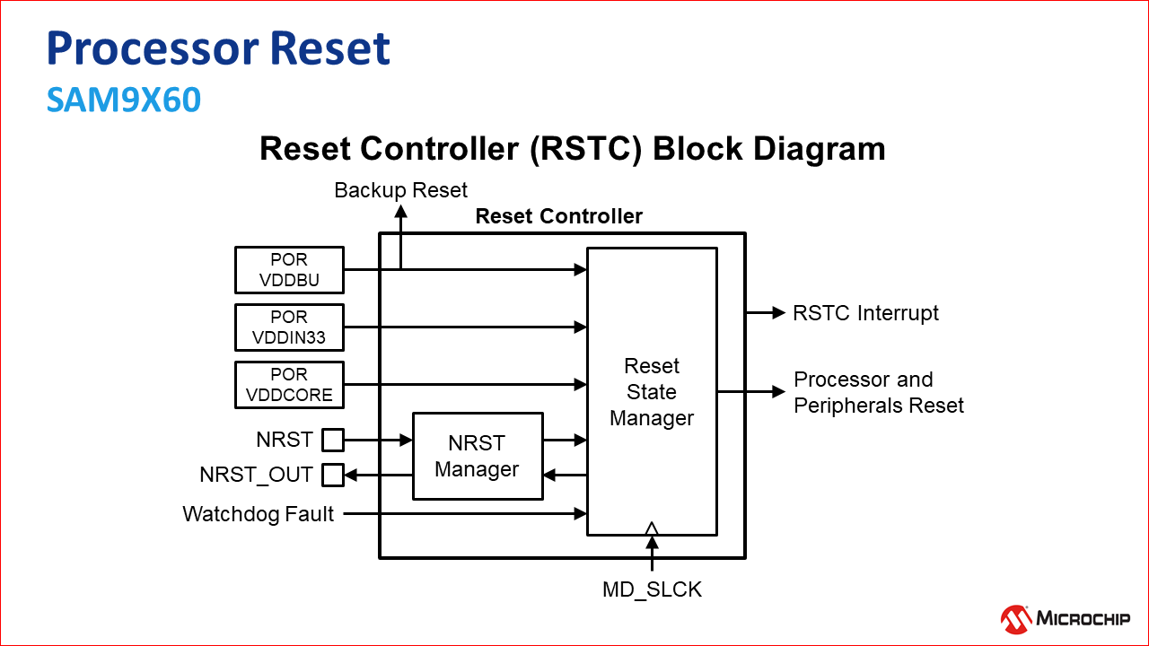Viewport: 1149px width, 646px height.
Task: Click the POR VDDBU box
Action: [289, 270]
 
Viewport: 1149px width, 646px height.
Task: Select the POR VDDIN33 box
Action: [289, 327]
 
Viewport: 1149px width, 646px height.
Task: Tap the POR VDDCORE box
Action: [289, 385]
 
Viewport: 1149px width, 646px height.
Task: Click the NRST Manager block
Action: [478, 456]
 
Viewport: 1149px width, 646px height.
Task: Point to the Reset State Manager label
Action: [652, 392]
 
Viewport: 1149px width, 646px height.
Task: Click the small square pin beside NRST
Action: [333, 440]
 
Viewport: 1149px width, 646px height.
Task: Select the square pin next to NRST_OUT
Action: [333, 474]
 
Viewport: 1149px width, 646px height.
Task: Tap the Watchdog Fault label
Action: [259, 514]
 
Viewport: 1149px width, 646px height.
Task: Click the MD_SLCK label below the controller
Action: [652, 589]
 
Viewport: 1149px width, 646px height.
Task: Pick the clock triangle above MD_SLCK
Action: [652, 528]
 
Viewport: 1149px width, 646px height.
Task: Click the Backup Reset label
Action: [401, 190]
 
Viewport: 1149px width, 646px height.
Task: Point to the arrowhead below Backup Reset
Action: [401, 212]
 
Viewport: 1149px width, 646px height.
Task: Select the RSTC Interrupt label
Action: [865, 313]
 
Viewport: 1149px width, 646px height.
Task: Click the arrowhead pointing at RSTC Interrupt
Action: [778, 313]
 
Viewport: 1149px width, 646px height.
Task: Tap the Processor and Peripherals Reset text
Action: [878, 392]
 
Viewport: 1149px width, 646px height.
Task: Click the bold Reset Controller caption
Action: [558, 216]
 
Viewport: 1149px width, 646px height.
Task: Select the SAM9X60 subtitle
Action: [124, 100]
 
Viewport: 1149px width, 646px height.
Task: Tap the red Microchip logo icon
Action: [1015, 617]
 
